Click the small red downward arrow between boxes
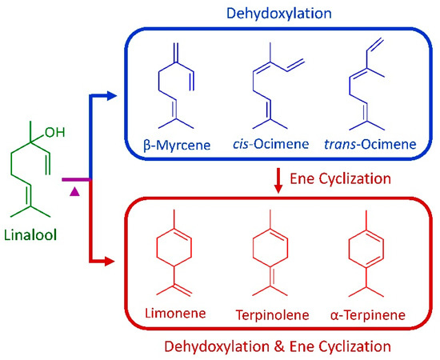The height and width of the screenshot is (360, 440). (x=278, y=183)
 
